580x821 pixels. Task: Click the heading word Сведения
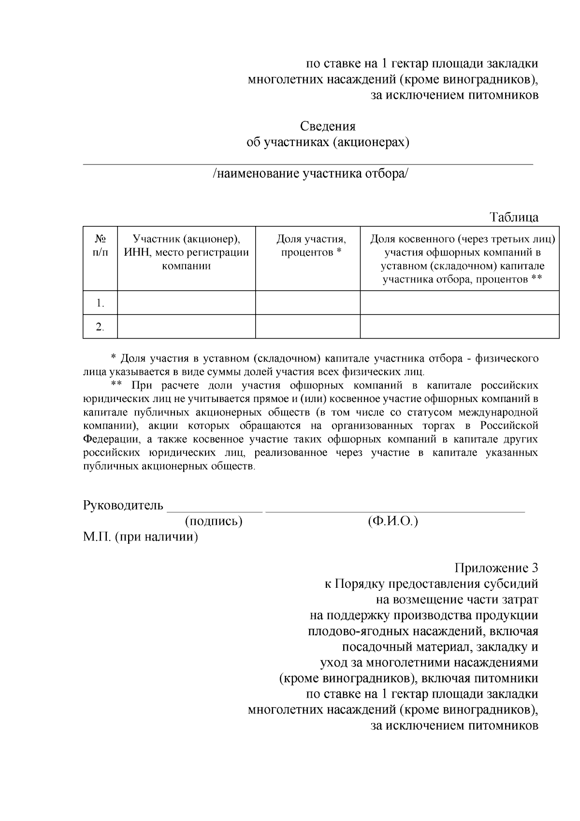pos(328,127)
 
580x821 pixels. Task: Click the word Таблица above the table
pos(514,217)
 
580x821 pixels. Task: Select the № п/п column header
pos(100,245)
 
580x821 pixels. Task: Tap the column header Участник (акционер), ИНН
pos(187,252)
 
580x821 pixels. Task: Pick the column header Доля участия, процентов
pos(311,245)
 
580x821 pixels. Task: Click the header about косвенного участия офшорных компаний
pos(462,259)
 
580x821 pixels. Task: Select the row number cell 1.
pos(100,303)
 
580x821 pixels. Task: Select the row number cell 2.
pos(100,327)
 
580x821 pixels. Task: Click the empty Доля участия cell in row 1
pos(307,303)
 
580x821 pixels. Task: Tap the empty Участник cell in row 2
pos(187,327)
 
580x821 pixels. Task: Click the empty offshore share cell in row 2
pos(459,327)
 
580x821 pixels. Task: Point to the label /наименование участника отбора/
pos(310,174)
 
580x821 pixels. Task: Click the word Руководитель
pos(123,506)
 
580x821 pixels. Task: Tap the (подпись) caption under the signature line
pos(213,522)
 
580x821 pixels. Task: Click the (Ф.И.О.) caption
pos(392,522)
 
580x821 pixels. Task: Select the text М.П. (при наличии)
pos(141,537)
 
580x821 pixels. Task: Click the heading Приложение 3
pos(496,568)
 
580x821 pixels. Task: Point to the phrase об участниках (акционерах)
pos(328,142)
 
